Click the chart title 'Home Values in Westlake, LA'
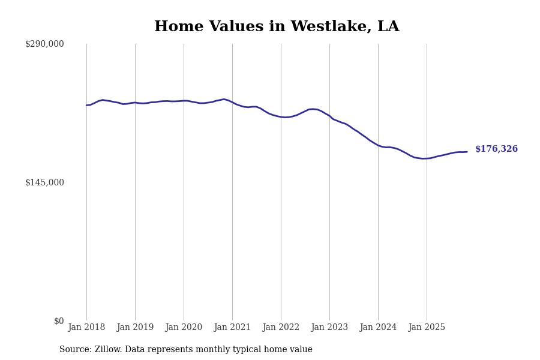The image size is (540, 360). click(277, 27)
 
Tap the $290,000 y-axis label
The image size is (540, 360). click(44, 44)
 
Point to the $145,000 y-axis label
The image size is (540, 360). click(44, 182)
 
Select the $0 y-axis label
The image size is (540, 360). click(59, 321)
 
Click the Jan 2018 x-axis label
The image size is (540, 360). click(86, 328)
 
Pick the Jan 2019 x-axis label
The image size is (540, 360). click(135, 328)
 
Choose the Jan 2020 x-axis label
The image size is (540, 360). click(184, 328)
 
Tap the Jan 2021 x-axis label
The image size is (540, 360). click(232, 328)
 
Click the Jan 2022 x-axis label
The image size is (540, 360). click(281, 328)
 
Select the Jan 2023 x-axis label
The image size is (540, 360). click(329, 328)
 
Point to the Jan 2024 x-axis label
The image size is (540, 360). click(378, 328)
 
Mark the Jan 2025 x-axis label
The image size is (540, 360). click(427, 328)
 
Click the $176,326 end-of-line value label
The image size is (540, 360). click(496, 149)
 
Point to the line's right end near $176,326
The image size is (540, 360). click(467, 152)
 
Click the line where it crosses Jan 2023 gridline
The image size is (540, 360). click(329, 116)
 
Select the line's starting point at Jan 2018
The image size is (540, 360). click(86, 105)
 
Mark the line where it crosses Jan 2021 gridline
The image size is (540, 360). click(232, 103)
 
